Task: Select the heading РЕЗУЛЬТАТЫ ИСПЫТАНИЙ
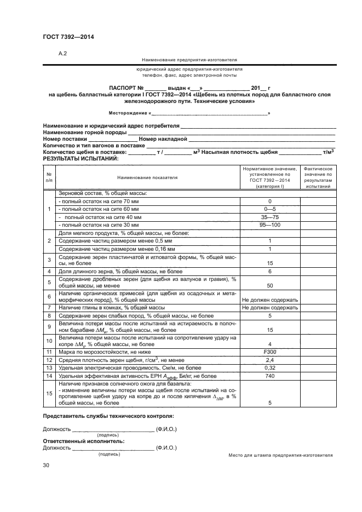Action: tap(80, 158)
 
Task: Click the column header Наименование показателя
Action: tap(147, 177)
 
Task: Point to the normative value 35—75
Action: tap(269, 217)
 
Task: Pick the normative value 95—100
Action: tap(269, 225)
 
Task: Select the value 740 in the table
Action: tap(269, 377)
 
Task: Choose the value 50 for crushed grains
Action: tap(269, 285)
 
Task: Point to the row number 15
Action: tap(49, 393)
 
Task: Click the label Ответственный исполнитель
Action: tap(83, 441)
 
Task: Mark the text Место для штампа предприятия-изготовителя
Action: tap(280, 455)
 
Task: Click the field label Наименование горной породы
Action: tap(84, 133)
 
